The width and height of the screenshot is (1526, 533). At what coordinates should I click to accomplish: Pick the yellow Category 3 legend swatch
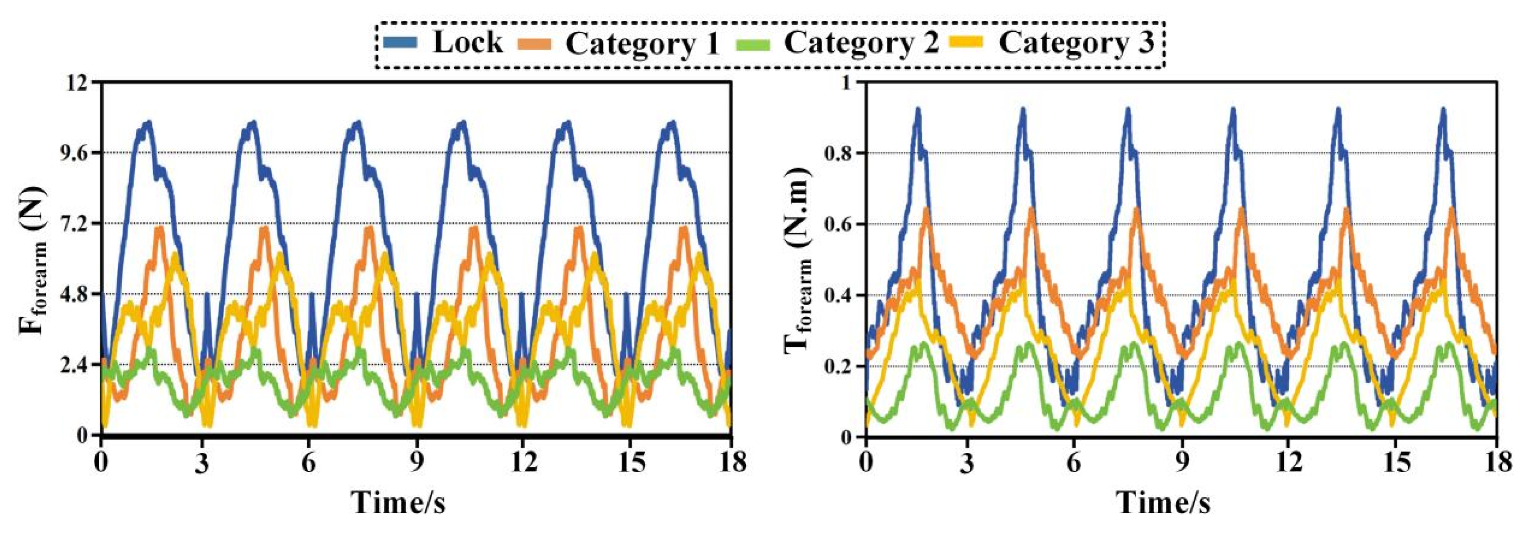(x=969, y=43)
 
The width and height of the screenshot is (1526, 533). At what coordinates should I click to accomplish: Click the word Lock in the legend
(x=468, y=42)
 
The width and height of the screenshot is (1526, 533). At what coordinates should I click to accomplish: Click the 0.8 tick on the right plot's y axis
(x=839, y=153)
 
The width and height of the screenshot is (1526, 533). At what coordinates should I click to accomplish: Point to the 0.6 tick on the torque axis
(x=839, y=224)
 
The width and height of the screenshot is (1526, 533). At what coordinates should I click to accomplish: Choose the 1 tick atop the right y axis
(x=848, y=82)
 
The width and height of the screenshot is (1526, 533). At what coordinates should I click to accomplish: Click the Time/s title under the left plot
(x=399, y=502)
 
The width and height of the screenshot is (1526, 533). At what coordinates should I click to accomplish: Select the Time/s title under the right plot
(x=1163, y=502)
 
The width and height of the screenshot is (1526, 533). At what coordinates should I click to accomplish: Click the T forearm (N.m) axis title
(x=797, y=260)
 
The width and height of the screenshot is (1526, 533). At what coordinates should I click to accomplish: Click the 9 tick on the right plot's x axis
(x=1182, y=461)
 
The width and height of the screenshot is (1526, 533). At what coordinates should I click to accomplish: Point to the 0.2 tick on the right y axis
(x=839, y=366)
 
